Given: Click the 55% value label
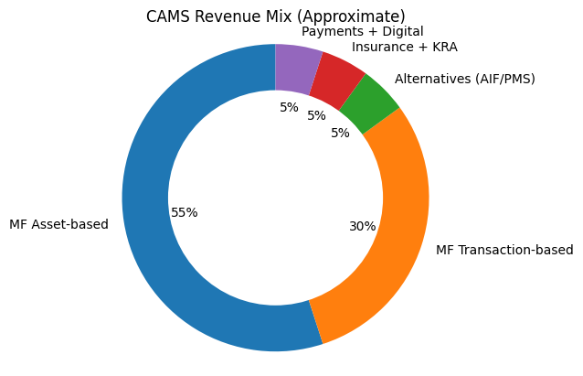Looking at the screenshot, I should pos(184,212).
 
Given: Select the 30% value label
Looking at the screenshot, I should pos(362,226).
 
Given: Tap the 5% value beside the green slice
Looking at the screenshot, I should pos(340,133).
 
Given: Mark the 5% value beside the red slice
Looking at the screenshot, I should pos(316,116).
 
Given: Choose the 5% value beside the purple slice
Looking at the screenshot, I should pos(289,107).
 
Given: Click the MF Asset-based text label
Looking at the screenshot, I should pos(58,224).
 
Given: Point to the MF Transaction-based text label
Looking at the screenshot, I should pos(504,250).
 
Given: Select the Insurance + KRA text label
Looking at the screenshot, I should pos(404,47).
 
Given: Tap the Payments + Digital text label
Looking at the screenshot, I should pos(362,31).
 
